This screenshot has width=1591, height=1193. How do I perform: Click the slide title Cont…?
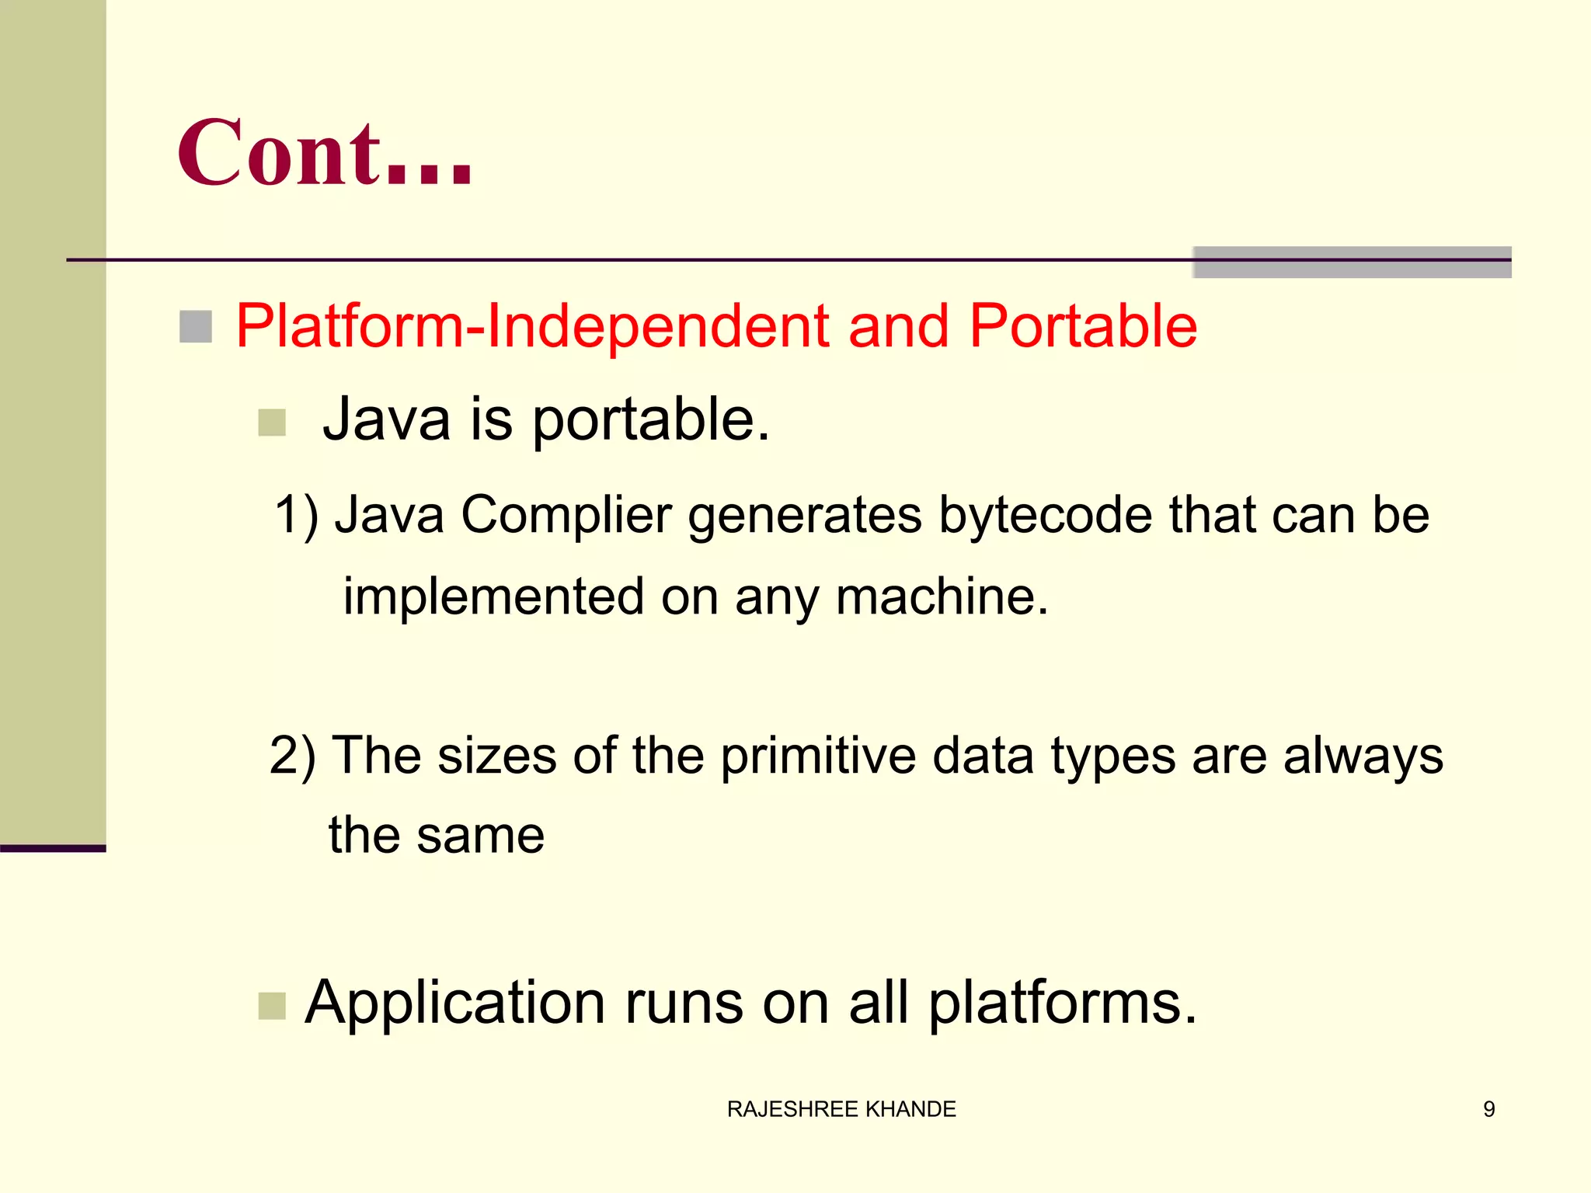325,154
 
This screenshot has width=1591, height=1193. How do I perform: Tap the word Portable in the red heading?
1083,326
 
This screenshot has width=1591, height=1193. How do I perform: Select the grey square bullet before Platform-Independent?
196,326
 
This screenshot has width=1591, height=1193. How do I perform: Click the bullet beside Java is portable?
272,423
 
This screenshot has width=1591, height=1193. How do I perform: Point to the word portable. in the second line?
650,421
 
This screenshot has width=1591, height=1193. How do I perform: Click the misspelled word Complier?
566,516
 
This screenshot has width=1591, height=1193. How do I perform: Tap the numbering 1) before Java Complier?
297,516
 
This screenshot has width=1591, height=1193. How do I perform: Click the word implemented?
494,596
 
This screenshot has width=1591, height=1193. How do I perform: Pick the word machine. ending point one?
942,596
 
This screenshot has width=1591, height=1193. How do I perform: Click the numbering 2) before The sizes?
293,755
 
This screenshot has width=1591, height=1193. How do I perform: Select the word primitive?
818,755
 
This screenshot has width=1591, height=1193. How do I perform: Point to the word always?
1363,755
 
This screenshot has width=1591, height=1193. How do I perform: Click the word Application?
454,1003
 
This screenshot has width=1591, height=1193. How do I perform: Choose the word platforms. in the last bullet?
1062,1003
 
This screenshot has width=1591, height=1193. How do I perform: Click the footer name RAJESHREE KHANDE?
841,1109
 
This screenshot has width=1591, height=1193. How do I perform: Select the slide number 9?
1488,1109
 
